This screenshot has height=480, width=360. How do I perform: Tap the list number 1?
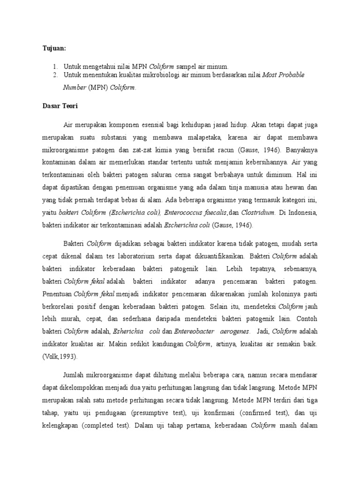(54, 67)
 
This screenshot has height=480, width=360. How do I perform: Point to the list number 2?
(54, 75)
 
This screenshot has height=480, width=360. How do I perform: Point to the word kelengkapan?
(58, 427)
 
